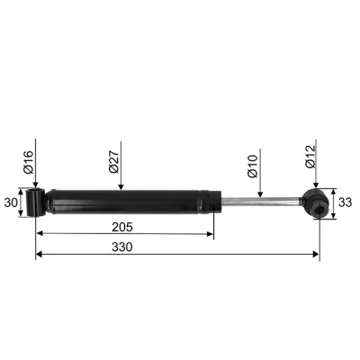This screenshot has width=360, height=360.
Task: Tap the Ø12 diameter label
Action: tap(310, 162)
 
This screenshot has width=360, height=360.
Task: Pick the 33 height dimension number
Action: tap(345, 203)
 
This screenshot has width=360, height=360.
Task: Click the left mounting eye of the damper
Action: tap(36, 202)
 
